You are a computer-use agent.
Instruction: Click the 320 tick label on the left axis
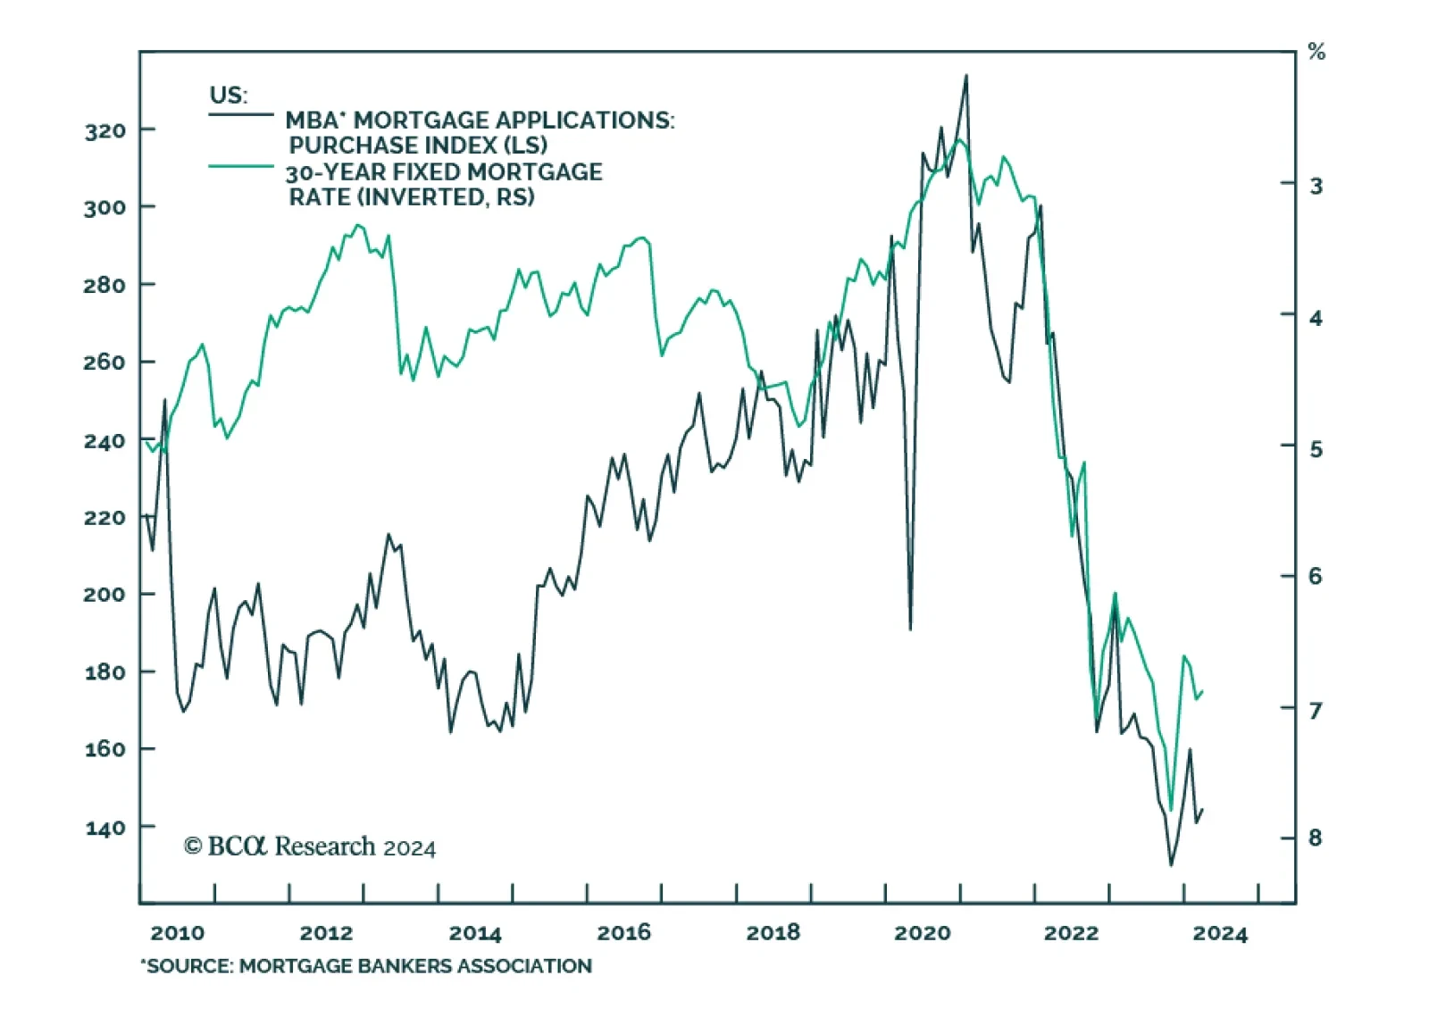[x=105, y=131]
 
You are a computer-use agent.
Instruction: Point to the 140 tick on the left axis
[x=105, y=828]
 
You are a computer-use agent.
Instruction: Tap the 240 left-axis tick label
[x=105, y=441]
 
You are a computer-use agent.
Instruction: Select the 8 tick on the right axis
[x=1315, y=838]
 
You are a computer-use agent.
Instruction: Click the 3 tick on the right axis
[x=1315, y=186]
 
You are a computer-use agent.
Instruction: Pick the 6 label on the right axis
[x=1315, y=577]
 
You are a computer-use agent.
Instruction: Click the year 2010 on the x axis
[x=177, y=933]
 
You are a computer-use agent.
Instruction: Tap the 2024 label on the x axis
[x=1220, y=933]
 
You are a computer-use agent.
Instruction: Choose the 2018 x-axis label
[x=773, y=933]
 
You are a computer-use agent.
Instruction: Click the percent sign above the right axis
[x=1316, y=52]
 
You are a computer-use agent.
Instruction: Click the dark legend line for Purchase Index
[x=241, y=115]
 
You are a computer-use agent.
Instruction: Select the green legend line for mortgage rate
[x=241, y=166]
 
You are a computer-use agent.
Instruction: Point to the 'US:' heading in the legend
[x=229, y=95]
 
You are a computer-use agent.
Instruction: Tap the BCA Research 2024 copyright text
[x=310, y=846]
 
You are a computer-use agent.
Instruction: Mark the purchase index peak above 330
[x=965, y=76]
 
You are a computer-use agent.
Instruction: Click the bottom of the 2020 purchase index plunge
[x=910, y=629]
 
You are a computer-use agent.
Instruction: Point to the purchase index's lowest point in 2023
[x=1171, y=864]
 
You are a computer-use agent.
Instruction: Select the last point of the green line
[x=1203, y=691]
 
